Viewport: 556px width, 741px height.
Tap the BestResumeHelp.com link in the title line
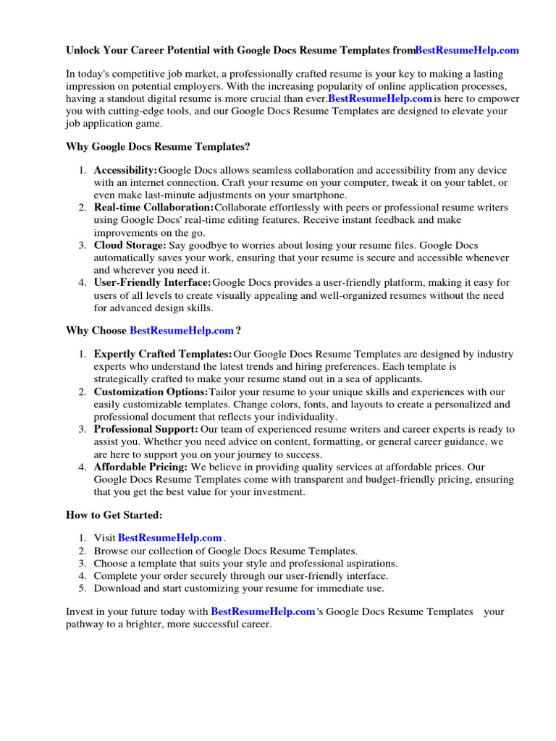point(467,51)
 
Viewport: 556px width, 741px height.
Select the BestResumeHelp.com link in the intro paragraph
point(380,98)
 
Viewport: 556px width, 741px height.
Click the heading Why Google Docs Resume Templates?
point(158,147)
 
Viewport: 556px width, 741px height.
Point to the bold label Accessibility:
point(125,170)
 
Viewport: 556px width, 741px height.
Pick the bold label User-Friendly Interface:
point(153,283)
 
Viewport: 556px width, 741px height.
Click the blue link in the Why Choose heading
point(182,331)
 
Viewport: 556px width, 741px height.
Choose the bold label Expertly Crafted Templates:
point(163,355)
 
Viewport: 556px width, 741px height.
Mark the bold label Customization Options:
point(151,392)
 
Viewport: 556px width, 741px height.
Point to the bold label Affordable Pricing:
point(140,467)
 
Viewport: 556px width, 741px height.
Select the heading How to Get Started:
point(114,515)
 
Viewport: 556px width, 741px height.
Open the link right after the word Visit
point(169,538)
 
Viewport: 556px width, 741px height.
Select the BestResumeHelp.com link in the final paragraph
point(263,612)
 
